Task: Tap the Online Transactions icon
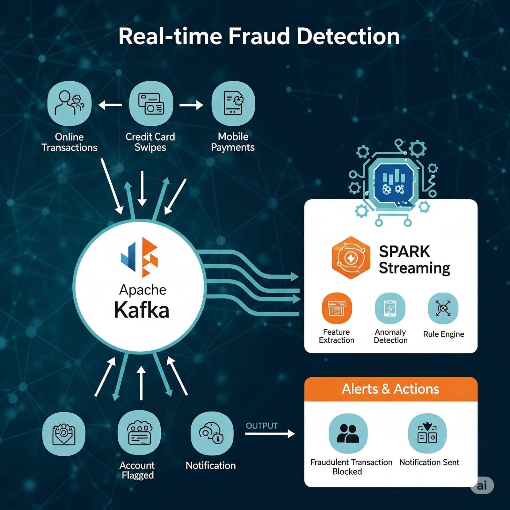point(69,103)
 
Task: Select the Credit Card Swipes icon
point(151,103)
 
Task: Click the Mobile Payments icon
point(233,103)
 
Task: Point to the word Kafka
point(142,310)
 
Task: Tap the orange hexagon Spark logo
point(351,258)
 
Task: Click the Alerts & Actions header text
point(390,389)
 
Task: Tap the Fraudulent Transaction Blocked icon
point(348,433)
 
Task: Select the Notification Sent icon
point(427,433)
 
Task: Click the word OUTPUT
point(262,426)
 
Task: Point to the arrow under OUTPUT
point(270,433)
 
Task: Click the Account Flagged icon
point(139,433)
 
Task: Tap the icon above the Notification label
point(212,433)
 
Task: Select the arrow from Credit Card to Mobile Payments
point(191,105)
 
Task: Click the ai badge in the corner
point(482,485)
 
